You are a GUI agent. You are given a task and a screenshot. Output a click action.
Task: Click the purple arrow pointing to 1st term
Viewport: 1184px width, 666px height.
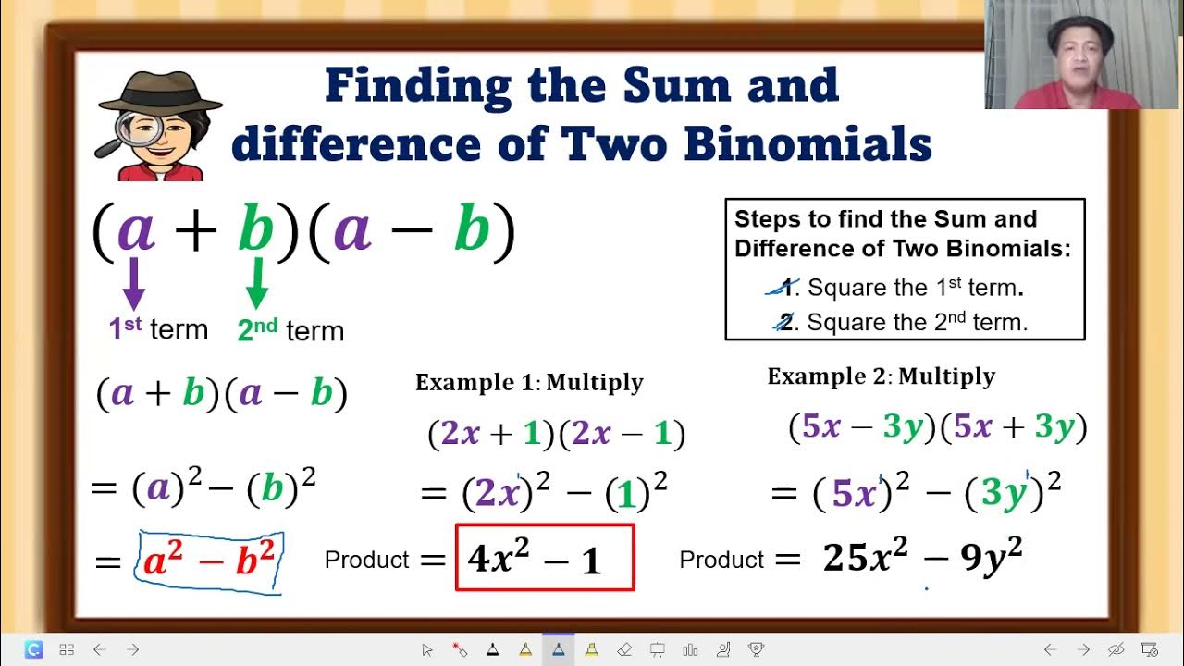coord(134,283)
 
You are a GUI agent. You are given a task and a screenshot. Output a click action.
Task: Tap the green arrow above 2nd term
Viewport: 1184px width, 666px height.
coord(257,282)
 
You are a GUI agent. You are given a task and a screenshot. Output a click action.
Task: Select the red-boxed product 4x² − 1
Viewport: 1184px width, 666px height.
coord(545,558)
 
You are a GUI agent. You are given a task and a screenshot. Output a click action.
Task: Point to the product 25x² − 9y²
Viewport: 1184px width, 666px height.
coord(922,558)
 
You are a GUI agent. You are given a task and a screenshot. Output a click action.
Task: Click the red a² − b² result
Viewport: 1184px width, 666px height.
coord(209,561)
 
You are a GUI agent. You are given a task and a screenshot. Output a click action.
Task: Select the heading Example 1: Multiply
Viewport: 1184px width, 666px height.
coord(529,382)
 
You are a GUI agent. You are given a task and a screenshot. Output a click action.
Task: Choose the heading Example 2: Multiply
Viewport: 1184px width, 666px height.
coord(881,376)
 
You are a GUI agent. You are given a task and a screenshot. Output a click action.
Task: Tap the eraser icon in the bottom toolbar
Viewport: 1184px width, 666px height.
coord(623,649)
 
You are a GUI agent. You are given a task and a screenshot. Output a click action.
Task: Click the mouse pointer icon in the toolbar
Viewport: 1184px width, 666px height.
coord(426,649)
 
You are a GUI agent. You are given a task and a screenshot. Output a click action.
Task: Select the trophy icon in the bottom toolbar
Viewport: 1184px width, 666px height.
coord(756,649)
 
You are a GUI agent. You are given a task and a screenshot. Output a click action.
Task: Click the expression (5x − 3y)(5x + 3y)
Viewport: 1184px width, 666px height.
coord(937,427)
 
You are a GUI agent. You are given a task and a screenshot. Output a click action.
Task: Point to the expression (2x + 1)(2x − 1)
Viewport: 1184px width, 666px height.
coord(556,434)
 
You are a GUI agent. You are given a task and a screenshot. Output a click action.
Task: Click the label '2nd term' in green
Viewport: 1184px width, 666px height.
coord(290,330)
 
